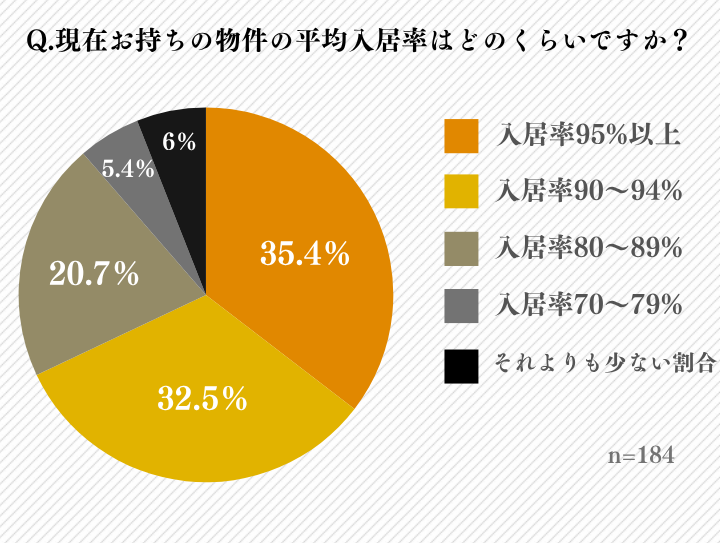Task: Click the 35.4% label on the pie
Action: point(304,255)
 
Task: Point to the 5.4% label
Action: point(128,169)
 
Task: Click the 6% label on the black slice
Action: point(179,142)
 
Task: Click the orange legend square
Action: point(461,135)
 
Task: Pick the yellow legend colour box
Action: point(461,191)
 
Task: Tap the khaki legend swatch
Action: point(461,248)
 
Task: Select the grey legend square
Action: point(461,305)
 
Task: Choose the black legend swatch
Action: point(461,364)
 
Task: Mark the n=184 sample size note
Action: point(641,455)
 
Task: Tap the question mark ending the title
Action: point(680,42)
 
